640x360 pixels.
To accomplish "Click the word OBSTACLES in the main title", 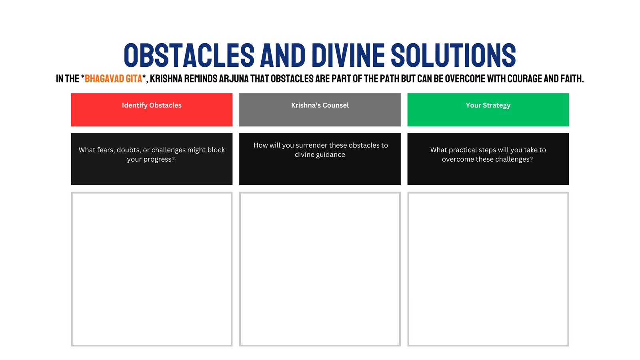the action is coord(189,55).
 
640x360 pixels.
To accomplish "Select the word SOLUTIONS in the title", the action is coord(454,55).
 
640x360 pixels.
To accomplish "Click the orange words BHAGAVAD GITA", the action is coord(114,78).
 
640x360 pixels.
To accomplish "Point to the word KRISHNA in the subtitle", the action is coord(166,78).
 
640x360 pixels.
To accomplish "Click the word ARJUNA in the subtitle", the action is coord(234,78).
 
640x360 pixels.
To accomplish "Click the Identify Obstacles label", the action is coord(152,106).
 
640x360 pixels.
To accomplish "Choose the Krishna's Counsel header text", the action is coord(320,106).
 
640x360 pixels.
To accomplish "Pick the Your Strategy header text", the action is coord(488,106).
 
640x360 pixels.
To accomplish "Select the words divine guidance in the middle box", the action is coord(320,155).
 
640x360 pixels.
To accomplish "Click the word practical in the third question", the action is coord(461,150).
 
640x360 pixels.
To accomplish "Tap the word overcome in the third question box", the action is coord(456,160).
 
